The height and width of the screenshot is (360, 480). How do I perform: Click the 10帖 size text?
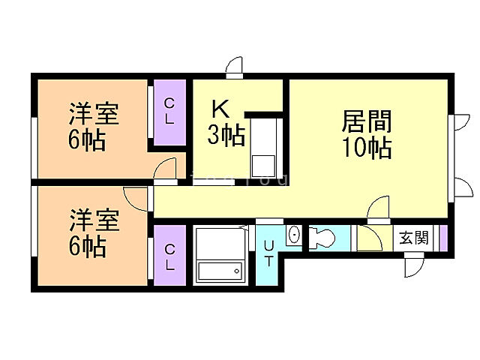coord(367,148)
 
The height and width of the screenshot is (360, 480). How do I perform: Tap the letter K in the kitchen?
coord(219,109)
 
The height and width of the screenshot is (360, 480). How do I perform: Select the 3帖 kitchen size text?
coord(226,136)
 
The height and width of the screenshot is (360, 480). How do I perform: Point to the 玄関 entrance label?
coord(413,238)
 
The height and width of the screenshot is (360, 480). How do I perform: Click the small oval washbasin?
coord(293,235)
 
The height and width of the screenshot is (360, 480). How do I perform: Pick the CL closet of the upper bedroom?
coord(169,111)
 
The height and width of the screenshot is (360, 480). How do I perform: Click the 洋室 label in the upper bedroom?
coord(94,116)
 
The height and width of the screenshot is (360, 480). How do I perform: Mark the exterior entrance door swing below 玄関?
coord(413,265)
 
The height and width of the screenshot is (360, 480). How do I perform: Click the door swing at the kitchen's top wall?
coord(235,67)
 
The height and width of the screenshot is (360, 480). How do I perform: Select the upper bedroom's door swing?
coord(166,170)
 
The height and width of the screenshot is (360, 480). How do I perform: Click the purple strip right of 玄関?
coord(442,238)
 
